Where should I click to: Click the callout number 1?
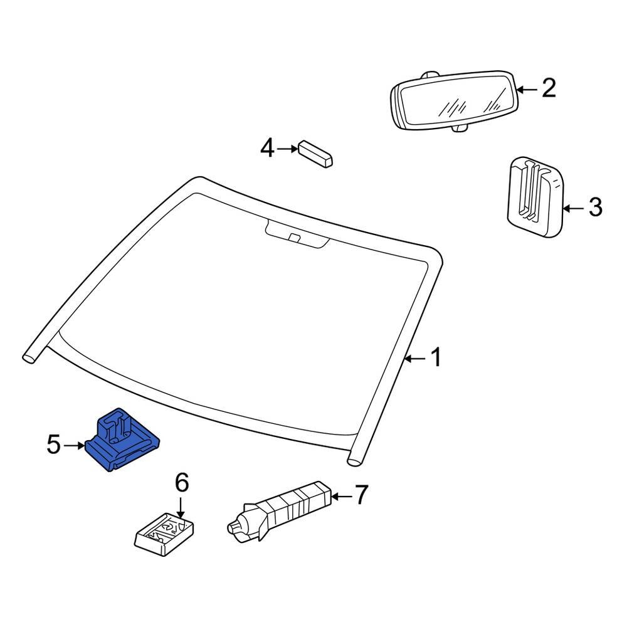435,358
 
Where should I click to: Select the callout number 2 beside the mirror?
549,88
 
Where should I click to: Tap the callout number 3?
594,206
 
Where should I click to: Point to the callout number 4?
267,149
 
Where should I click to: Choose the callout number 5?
54,445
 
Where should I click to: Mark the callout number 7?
361,496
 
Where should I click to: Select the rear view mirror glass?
455,102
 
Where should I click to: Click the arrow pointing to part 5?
74,446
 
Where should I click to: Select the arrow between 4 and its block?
288,149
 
